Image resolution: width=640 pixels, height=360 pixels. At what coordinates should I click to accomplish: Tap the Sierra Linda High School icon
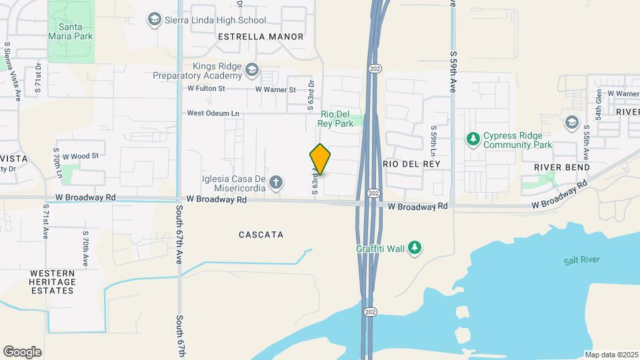pyautogui.click(x=155, y=19)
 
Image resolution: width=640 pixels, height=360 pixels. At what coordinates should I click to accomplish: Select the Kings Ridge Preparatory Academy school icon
pyautogui.click(x=251, y=69)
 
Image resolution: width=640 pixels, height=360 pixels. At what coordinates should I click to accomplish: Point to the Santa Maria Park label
pyautogui.click(x=70, y=31)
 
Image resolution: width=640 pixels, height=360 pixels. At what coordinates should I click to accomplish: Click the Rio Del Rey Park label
pyautogui.click(x=336, y=119)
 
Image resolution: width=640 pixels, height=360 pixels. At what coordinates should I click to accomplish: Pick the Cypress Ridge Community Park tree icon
pyautogui.click(x=473, y=139)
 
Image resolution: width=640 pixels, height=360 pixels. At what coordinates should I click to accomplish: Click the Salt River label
pyautogui.click(x=581, y=260)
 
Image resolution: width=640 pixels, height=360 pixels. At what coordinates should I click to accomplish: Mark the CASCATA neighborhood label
pyautogui.click(x=261, y=235)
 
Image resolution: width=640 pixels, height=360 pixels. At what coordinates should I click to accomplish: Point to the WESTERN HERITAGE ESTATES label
pyautogui.click(x=52, y=281)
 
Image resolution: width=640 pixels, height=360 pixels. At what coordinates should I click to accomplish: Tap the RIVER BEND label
pyautogui.click(x=561, y=167)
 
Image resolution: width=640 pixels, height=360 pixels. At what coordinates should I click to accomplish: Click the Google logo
pyautogui.click(x=22, y=351)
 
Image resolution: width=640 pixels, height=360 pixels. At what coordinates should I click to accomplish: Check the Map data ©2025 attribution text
pyautogui.click(x=611, y=354)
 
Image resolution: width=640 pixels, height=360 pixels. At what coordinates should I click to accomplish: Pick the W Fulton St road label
pyautogui.click(x=207, y=88)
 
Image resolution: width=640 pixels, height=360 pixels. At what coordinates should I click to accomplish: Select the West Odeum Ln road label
pyautogui.click(x=213, y=113)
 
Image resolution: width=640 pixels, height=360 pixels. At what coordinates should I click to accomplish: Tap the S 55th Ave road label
pyautogui.click(x=586, y=142)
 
